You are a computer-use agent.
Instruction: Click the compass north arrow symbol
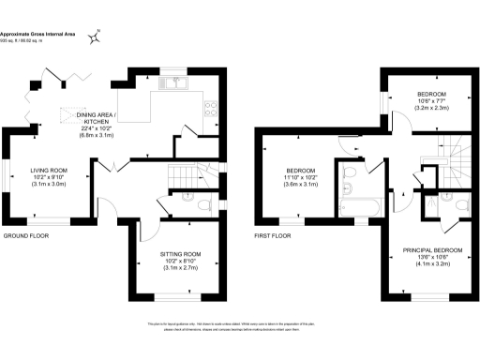(97, 37)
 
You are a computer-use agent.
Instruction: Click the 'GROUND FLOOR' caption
(25, 235)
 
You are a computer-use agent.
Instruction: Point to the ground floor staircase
(182, 175)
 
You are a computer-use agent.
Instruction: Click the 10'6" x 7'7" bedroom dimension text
(432, 101)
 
